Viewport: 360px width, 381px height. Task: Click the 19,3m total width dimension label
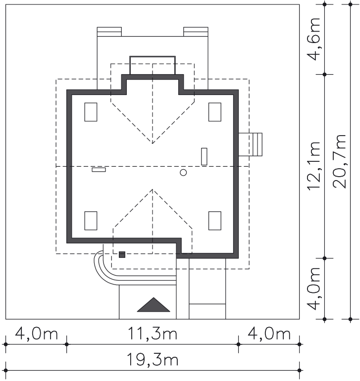click(153, 360)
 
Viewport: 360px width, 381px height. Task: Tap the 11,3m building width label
click(153, 333)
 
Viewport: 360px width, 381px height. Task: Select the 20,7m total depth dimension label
click(339, 161)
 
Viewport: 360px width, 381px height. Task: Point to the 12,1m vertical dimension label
click(314, 166)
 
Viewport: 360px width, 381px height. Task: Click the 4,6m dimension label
click(314, 39)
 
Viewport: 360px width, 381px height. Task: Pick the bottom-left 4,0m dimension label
click(37, 333)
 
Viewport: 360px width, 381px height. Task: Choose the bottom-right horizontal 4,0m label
click(269, 333)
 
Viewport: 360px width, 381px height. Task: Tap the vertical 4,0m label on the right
click(314, 288)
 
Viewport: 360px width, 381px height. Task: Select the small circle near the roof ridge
click(183, 173)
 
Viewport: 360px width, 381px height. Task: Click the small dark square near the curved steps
click(122, 255)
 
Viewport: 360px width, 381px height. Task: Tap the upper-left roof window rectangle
click(91, 112)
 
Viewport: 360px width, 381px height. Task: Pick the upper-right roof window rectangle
click(215, 112)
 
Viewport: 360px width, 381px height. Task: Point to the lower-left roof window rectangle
click(91, 221)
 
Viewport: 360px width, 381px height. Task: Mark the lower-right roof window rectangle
click(215, 221)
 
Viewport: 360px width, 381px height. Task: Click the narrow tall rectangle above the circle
click(204, 156)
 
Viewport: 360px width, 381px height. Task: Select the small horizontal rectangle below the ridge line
click(99, 170)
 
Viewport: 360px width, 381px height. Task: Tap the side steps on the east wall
click(250, 144)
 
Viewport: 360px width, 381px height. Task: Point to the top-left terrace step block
click(109, 32)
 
